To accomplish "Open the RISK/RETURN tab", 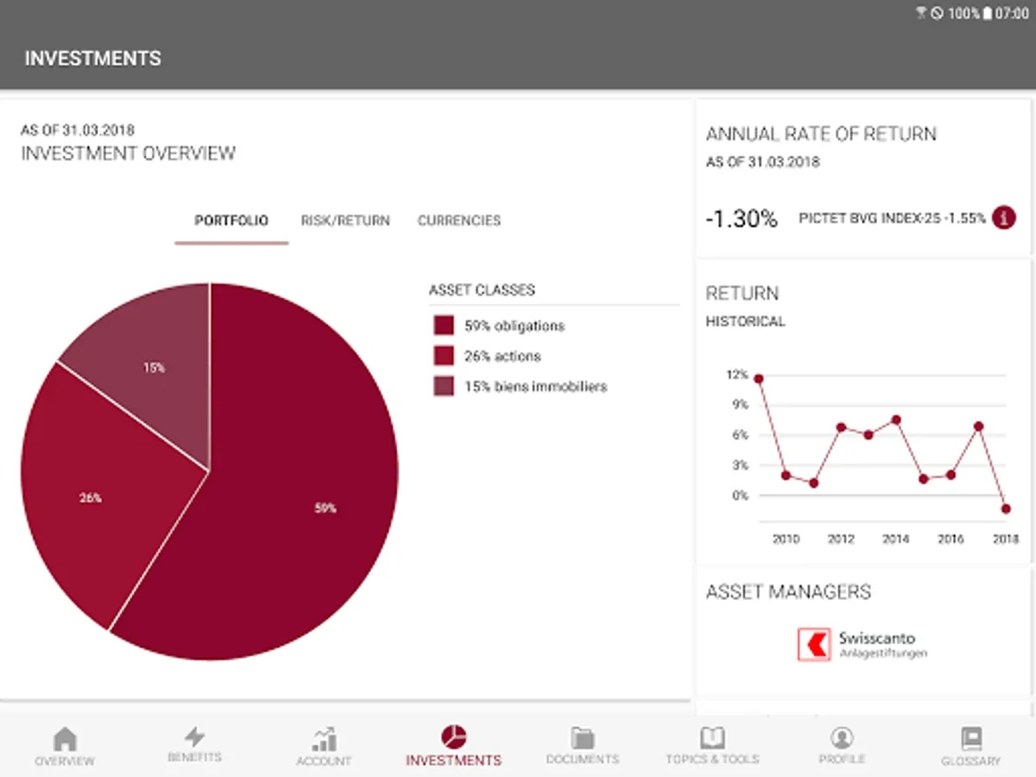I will (345, 220).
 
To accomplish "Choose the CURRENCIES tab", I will (459, 220).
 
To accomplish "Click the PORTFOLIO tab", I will (231, 220).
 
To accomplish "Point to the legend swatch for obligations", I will (444, 325).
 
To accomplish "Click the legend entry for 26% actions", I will (502, 356).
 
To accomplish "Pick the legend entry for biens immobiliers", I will (535, 387).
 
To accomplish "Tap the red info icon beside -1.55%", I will (1003, 218).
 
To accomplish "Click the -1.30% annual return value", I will (742, 219).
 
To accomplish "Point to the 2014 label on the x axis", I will (895, 540).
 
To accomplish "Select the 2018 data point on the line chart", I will (1006, 509).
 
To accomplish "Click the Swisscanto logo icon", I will (813, 645).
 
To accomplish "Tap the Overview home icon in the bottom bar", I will (65, 739).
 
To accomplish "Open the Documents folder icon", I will (583, 738).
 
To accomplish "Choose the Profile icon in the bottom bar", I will (842, 738).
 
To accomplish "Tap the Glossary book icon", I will (971, 739).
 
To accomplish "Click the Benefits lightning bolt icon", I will (195, 736).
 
